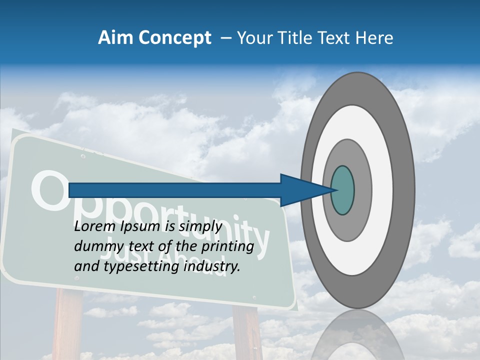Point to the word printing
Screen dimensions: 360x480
coord(229,247)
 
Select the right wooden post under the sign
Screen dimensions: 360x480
coord(247,332)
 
